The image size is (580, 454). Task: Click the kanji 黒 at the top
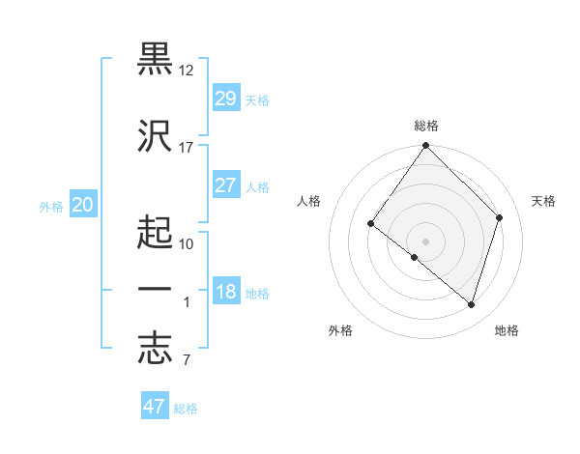pos(156,59)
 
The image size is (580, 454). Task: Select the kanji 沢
pos(156,134)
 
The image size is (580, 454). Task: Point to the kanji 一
pos(156,289)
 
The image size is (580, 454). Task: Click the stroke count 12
pos(187,71)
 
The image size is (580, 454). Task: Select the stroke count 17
pos(187,147)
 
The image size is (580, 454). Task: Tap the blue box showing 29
pos(225,99)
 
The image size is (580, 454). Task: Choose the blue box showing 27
pos(225,185)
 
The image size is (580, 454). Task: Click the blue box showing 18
pos(225,293)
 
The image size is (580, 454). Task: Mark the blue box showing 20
pos(82,205)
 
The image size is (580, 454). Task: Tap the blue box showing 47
pos(155,407)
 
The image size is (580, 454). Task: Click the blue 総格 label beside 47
pos(186,409)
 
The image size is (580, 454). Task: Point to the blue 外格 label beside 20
pos(51,206)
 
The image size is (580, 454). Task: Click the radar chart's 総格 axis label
pos(426,126)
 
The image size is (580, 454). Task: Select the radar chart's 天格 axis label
pos(544,201)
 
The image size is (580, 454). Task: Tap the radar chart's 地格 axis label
pos(507,330)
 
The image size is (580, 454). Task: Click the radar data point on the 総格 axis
pos(425,147)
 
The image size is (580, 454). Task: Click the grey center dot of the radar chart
pos(425,241)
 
